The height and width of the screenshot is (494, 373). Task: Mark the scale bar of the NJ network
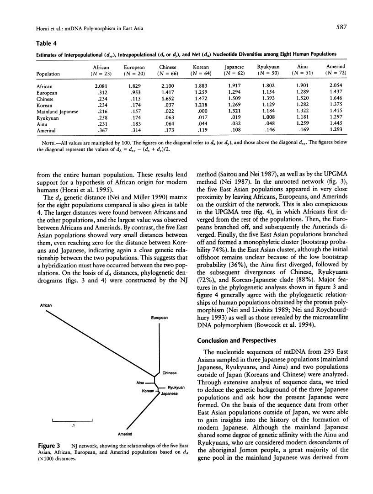[73, 420]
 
